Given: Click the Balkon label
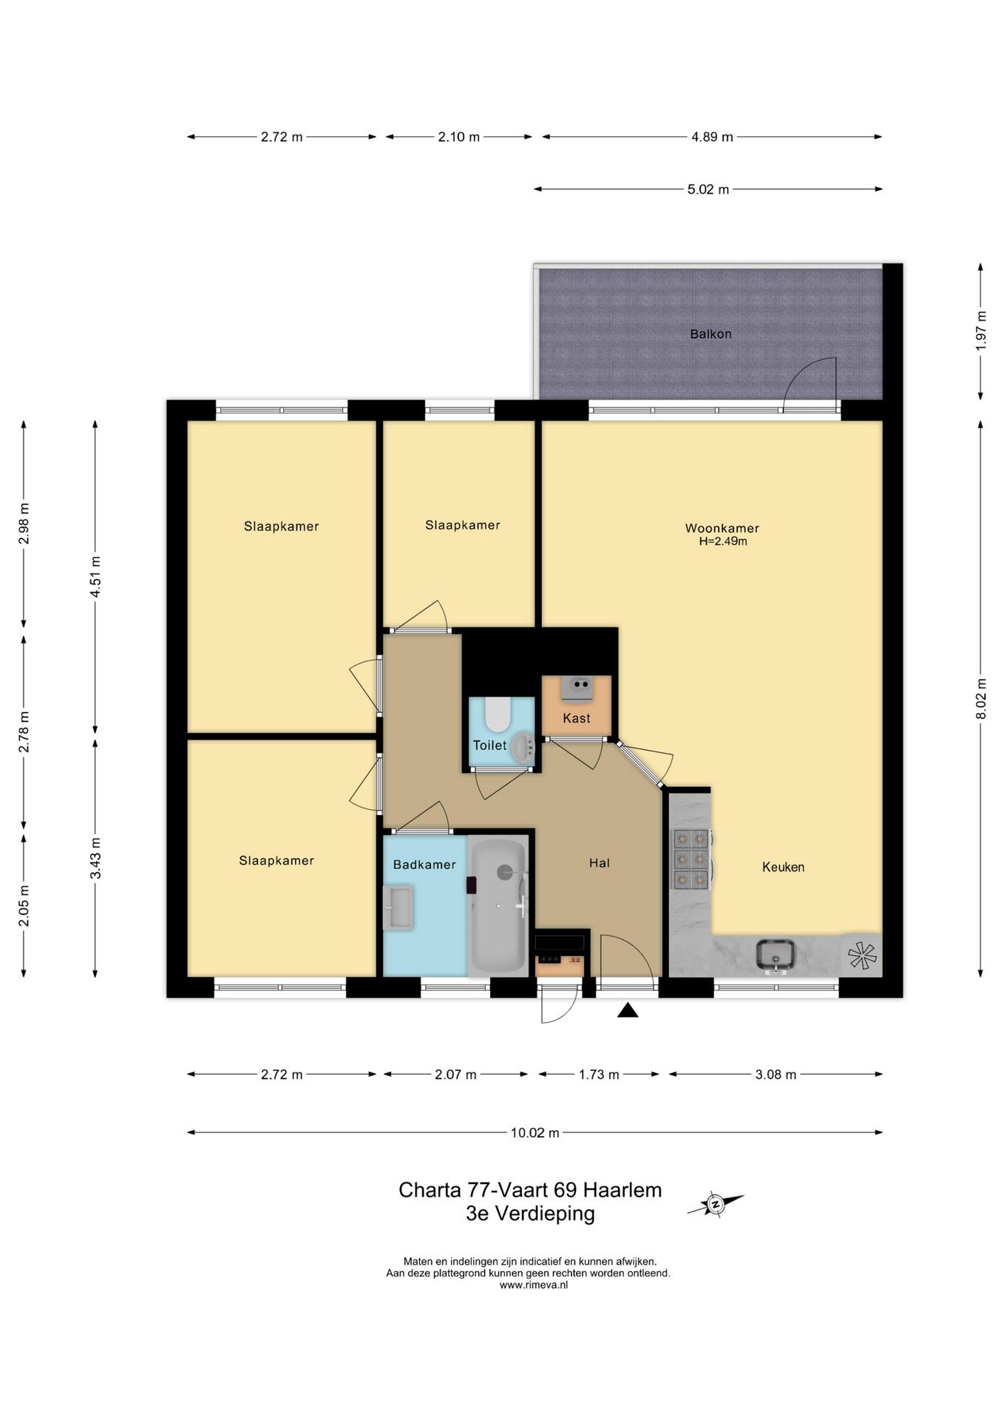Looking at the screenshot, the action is point(710,334).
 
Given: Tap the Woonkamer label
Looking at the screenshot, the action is point(722,528).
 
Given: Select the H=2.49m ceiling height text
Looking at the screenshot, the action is point(723,541).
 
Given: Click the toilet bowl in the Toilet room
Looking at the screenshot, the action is point(498,714).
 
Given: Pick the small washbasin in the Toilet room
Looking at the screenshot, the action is point(523,747).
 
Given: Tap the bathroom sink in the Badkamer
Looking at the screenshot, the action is point(398,907).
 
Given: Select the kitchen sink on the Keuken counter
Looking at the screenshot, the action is point(776,955).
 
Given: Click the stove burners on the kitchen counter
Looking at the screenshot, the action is point(691,858).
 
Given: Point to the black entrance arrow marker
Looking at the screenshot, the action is point(628,1010).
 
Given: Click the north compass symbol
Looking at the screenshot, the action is point(715,1204).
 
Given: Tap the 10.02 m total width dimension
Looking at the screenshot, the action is point(535,1132).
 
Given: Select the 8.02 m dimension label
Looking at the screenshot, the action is point(981,698).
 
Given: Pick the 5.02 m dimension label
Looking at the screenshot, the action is point(708,189).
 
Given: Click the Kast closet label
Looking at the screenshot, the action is point(577,718).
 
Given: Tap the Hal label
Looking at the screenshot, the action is point(600,862).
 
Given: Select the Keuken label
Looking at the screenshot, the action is point(783,867).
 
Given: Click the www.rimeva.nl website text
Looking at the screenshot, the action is point(534,1285).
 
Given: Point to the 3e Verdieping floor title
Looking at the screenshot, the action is point(530,1213).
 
